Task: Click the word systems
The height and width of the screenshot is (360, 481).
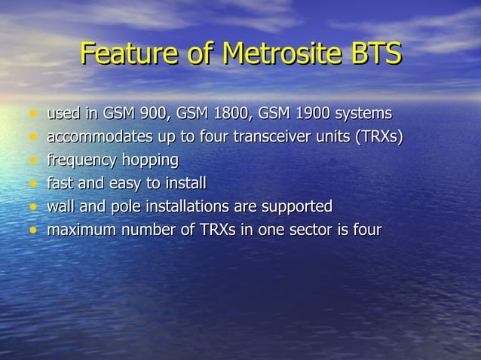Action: (363, 114)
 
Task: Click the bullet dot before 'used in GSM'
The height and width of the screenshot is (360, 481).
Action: (32, 115)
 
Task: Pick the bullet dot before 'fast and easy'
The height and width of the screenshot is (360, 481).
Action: (32, 184)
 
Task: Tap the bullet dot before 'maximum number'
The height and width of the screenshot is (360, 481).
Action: (32, 230)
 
